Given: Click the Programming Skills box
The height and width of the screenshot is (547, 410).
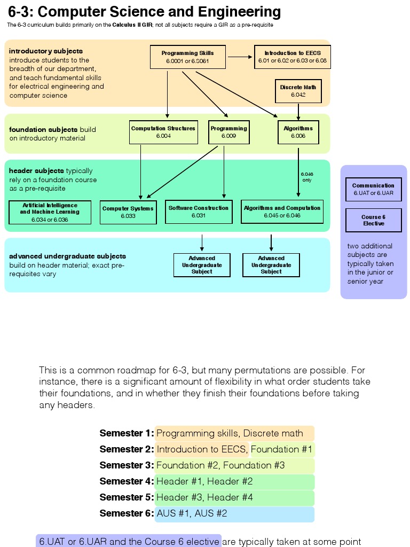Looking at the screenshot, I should click(187, 57).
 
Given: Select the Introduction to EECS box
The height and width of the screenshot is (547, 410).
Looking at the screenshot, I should click(292, 57).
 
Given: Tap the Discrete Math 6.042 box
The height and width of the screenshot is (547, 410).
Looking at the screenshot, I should click(298, 91).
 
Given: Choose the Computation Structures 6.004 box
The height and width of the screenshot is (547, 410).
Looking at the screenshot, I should click(163, 132).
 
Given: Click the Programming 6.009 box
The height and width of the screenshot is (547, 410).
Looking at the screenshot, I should click(228, 132).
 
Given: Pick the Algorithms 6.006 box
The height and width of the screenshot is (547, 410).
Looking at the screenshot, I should click(298, 132).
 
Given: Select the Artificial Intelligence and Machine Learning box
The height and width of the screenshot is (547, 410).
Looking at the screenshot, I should click(50, 212).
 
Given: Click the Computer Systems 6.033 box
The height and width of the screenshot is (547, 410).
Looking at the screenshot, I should click(128, 212).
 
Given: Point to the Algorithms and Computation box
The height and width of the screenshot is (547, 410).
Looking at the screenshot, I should click(282, 212).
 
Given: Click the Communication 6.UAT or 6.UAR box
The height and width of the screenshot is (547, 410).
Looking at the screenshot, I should click(373, 189).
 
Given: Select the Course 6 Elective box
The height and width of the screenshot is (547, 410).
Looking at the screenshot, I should click(373, 220).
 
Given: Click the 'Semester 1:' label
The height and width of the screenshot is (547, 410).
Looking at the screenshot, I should click(126, 433).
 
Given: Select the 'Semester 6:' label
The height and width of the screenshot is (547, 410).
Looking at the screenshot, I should click(126, 513).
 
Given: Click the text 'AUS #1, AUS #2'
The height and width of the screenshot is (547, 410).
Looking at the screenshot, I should click(192, 513).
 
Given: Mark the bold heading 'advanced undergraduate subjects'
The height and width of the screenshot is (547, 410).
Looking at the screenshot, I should click(67, 256).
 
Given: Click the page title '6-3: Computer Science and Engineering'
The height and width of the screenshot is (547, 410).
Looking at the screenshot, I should click(144, 12).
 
